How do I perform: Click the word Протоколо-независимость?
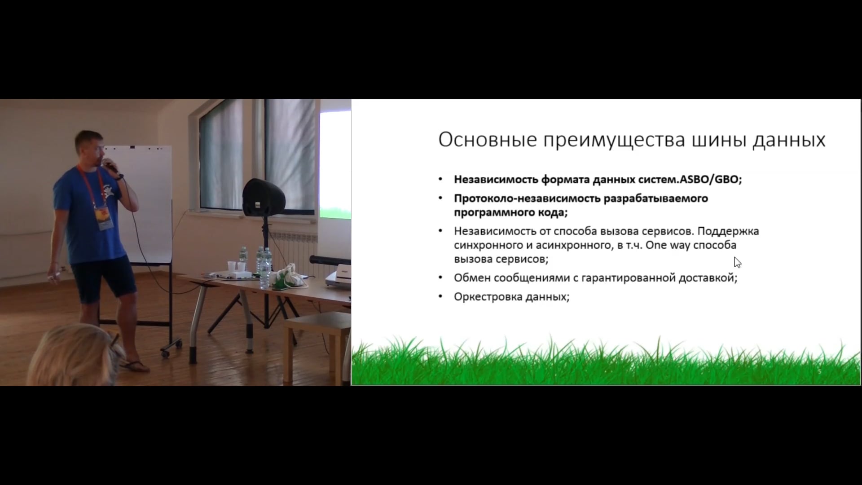click(x=527, y=198)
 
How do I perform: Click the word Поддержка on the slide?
click(x=728, y=232)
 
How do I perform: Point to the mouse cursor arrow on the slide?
click(x=737, y=262)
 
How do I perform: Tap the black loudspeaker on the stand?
click(x=264, y=197)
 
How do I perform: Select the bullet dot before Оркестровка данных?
click(x=441, y=296)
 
